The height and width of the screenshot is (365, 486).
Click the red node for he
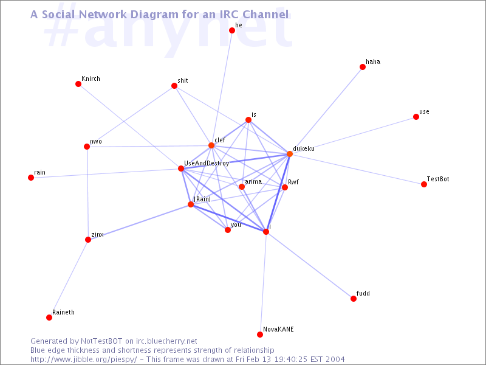(232, 30)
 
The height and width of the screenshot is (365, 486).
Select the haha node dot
(362, 67)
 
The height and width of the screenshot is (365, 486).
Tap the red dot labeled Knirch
(78, 84)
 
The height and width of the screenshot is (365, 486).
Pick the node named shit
(174, 86)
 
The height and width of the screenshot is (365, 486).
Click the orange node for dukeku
(290, 154)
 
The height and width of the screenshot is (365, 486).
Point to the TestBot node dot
(423, 184)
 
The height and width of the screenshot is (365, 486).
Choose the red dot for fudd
(354, 299)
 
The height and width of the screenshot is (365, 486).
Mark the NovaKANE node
(260, 334)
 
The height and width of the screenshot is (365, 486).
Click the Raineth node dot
(49, 317)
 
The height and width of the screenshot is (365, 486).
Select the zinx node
(88, 240)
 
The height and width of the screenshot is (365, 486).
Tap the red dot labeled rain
(31, 178)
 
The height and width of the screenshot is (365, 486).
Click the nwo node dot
(87, 147)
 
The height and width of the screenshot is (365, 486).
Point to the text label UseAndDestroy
(207, 163)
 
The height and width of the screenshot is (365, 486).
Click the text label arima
(253, 181)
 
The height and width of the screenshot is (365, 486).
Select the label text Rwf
(293, 182)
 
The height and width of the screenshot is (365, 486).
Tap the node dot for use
(416, 117)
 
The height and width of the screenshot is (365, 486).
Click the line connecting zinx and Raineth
(69, 279)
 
